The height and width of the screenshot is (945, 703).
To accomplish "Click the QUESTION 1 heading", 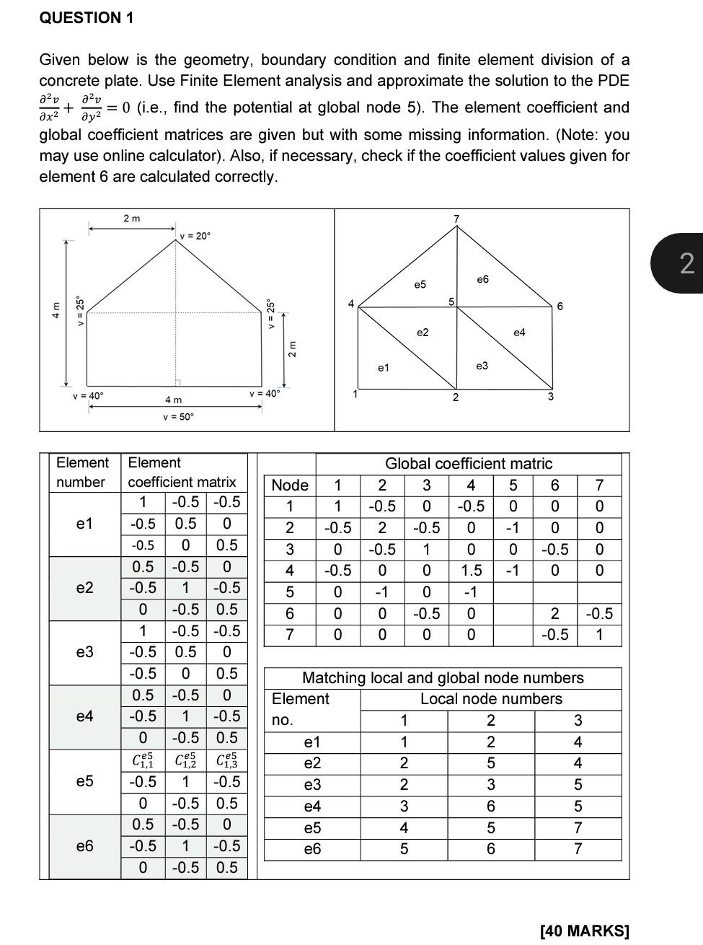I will tap(87, 18).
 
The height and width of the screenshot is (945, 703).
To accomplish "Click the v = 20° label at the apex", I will tap(195, 236).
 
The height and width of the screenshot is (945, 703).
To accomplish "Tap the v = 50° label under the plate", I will tap(178, 416).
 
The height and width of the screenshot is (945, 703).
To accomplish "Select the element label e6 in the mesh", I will tap(482, 279).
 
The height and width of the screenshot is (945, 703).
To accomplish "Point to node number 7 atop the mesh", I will tap(456, 218).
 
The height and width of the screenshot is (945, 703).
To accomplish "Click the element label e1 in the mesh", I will tap(384, 368).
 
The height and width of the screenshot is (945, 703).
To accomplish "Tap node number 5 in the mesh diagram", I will tap(451, 301).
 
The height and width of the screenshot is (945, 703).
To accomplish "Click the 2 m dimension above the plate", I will tap(132, 218).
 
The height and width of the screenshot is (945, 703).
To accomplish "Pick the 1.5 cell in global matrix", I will tap(472, 571).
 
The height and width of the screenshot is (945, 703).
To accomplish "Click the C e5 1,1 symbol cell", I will tap(143, 760).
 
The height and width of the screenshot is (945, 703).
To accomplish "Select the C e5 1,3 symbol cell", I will tap(226, 760).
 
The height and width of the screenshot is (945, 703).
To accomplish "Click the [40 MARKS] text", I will tap(584, 931).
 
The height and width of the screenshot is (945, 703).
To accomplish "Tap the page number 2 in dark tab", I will tap(686, 263).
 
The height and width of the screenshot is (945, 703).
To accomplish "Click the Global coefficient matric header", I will tap(469, 464).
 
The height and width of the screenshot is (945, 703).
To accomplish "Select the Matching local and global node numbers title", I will tap(443, 678).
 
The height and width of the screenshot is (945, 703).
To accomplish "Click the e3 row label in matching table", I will tap(312, 785).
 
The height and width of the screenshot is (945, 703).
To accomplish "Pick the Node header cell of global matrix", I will tap(290, 485).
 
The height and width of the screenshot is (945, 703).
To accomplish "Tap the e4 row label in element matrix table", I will tap(84, 716).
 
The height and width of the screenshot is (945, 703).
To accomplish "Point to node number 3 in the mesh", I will tap(550, 397).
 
